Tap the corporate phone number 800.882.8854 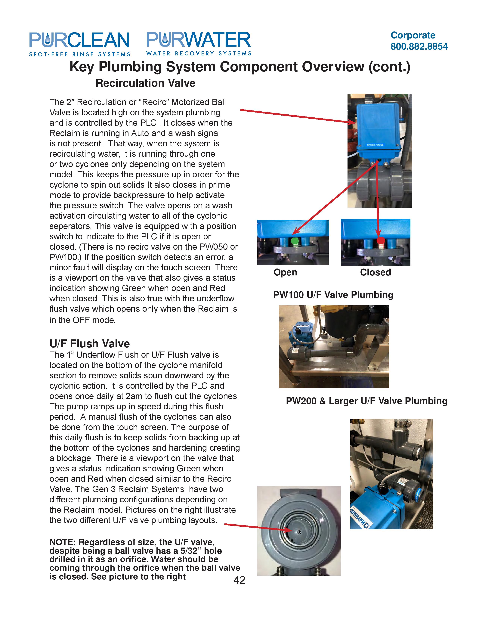[419, 47]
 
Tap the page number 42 [239, 580]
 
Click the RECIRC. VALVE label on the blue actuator [375, 145]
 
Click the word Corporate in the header [413, 35]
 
